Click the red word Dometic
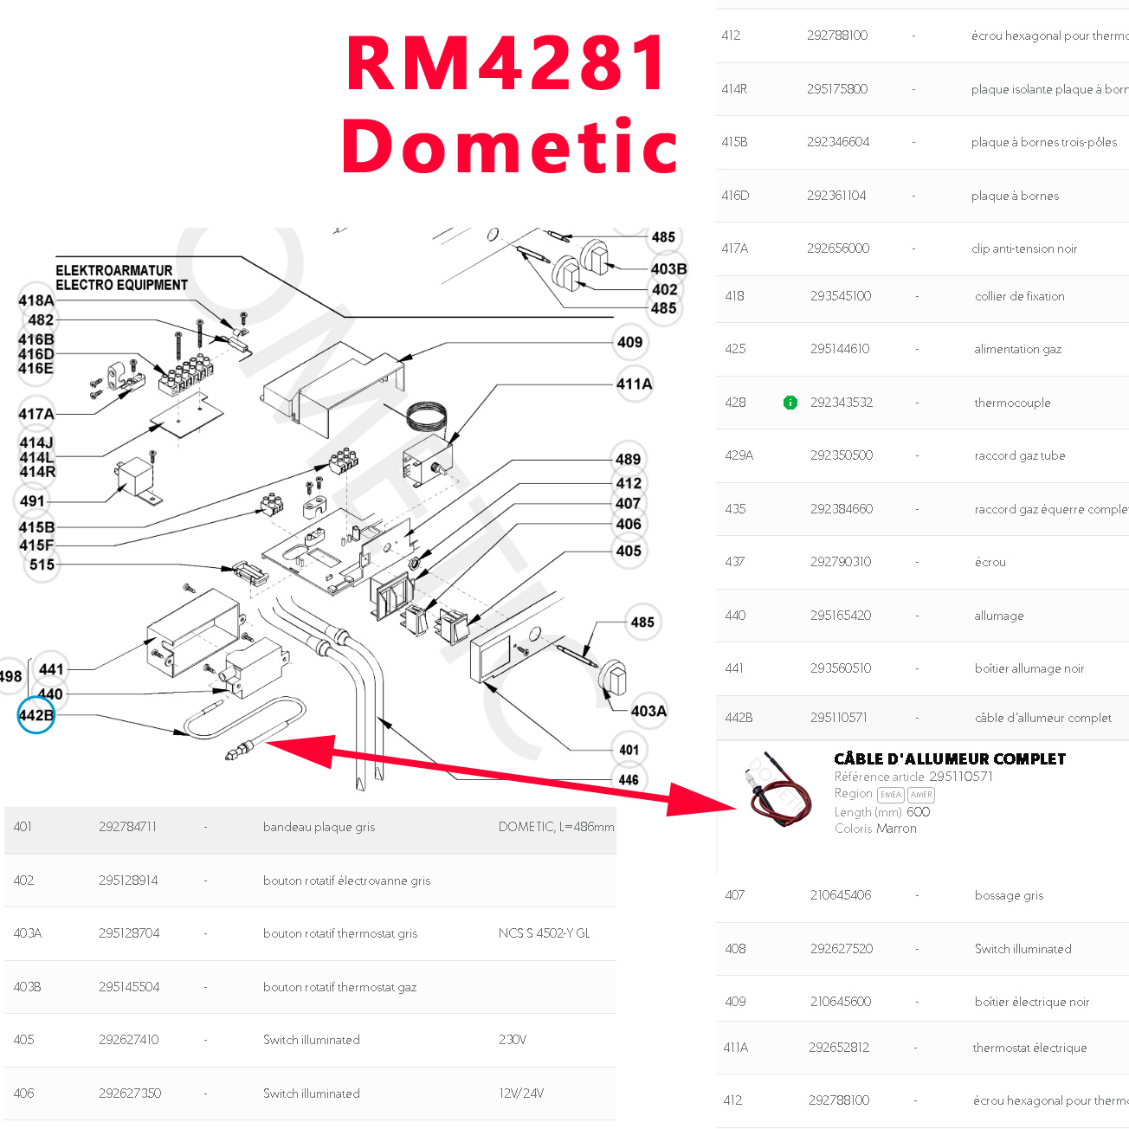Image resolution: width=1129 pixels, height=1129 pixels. click(x=509, y=146)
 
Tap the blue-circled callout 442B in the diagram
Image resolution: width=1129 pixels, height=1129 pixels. click(x=36, y=715)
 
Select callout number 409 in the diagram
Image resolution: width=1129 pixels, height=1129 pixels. click(x=629, y=342)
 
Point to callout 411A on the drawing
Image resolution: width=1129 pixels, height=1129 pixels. click(x=635, y=384)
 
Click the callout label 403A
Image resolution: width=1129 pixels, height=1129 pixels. click(x=648, y=711)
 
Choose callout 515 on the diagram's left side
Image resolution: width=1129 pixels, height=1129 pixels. click(x=42, y=564)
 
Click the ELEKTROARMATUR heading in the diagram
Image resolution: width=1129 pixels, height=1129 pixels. click(x=114, y=270)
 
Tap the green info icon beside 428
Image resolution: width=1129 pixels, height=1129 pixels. click(x=790, y=403)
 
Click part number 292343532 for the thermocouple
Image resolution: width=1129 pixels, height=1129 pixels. click(x=842, y=403)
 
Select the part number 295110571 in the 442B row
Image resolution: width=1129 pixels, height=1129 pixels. click(x=839, y=718)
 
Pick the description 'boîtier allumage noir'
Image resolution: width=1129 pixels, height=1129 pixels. click(x=1029, y=668)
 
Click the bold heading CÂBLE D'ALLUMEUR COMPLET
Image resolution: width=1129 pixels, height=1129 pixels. click(x=950, y=759)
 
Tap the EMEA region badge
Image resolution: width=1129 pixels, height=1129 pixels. click(x=891, y=795)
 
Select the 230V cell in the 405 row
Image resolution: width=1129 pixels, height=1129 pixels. click(x=513, y=1040)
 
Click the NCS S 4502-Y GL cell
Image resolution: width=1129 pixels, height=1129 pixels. click(x=544, y=933)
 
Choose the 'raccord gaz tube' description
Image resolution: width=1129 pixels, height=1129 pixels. click(x=1020, y=455)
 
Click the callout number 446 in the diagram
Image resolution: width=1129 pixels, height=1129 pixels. click(x=629, y=779)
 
